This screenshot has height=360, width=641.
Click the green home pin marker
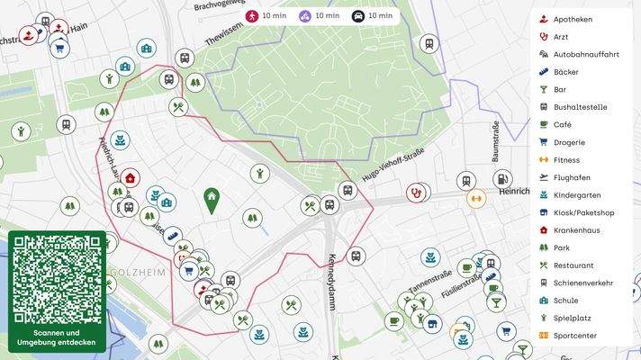click(x=211, y=199)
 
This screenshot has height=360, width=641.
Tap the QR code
click(x=57, y=279)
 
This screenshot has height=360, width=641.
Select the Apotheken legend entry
click(x=573, y=19)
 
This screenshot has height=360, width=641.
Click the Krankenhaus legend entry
click(x=576, y=230)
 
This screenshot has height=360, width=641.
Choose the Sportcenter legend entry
click(x=574, y=336)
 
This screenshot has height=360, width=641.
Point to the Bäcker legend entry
click(x=566, y=72)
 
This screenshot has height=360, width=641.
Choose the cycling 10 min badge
click(x=320, y=16)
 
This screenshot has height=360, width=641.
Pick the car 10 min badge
click(x=372, y=16)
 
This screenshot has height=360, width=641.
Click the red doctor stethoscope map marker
click(x=415, y=192)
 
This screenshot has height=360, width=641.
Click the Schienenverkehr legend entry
click(x=582, y=283)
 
